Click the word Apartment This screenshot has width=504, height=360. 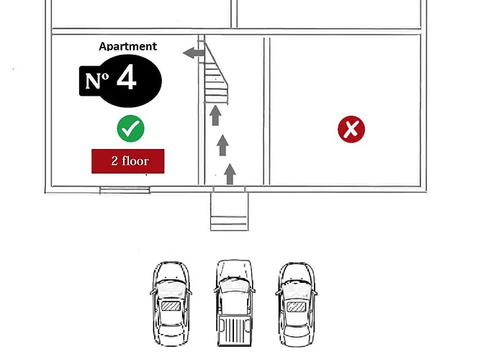(x=128, y=46)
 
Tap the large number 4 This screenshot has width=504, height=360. (x=127, y=77)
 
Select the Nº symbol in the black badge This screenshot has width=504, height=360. (x=96, y=81)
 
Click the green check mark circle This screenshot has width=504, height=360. (x=130, y=129)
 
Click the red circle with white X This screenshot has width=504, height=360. (x=351, y=129)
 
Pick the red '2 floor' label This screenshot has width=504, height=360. (x=128, y=161)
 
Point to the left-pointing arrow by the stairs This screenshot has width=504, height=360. (x=194, y=53)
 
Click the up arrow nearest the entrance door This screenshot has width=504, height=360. (x=230, y=174)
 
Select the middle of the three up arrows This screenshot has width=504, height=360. (x=222, y=145)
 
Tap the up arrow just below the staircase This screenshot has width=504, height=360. (x=215, y=115)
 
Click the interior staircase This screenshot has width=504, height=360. (x=216, y=73)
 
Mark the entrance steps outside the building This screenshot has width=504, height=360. (x=230, y=212)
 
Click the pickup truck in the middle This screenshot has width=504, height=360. (x=234, y=303)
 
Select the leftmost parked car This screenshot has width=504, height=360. (x=171, y=303)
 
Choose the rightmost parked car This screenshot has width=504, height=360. (x=297, y=305)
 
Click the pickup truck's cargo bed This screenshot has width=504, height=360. (x=234, y=330)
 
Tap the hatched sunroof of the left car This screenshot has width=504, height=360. (x=171, y=306)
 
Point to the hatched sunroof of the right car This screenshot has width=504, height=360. (x=296, y=307)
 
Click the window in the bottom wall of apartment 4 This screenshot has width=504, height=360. (x=125, y=190)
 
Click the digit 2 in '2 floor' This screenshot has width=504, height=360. (x=114, y=161)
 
